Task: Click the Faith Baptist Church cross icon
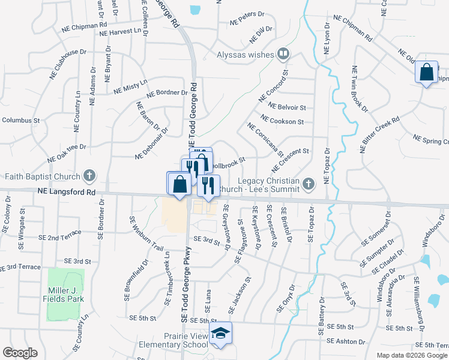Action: (89, 176)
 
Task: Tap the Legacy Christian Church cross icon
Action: (308, 183)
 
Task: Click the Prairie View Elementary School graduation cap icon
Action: (221, 334)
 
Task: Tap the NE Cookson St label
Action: (282, 121)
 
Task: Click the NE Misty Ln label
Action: (130, 86)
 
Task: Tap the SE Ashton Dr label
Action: (346, 341)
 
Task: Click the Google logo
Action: (20, 353)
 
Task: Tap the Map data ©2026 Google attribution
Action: (411, 355)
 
